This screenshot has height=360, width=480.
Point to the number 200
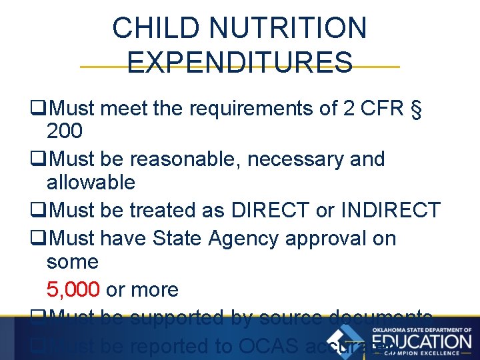pos(65,132)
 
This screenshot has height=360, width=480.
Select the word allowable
pos(91,183)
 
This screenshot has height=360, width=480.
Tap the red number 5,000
pos(73,290)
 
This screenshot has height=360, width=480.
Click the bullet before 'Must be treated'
pos(38,211)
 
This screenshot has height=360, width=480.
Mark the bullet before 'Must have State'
pos(38,239)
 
